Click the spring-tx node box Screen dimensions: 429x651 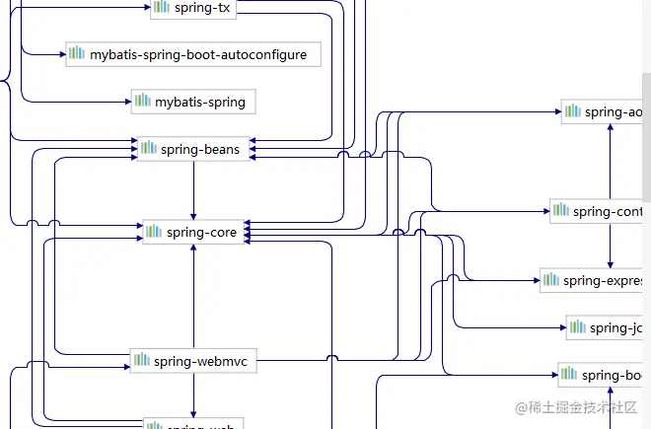(x=194, y=8)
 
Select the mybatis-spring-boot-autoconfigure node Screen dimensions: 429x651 (x=193, y=55)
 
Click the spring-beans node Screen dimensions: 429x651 (x=193, y=149)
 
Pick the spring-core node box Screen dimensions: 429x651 (x=193, y=232)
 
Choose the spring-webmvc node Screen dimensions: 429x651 (x=193, y=362)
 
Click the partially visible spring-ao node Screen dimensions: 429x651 (x=604, y=111)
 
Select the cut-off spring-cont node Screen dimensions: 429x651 (x=599, y=210)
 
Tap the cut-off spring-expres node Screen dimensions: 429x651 (x=594, y=280)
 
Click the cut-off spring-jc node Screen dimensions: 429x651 (x=607, y=327)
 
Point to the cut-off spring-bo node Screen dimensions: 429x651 (x=603, y=375)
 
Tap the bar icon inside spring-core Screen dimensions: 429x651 (x=155, y=232)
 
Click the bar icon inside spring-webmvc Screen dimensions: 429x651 (x=143, y=362)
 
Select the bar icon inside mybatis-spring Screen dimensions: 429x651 (x=143, y=101)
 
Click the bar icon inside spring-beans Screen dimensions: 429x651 (x=149, y=149)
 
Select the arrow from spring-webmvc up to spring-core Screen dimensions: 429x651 (x=193, y=296)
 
